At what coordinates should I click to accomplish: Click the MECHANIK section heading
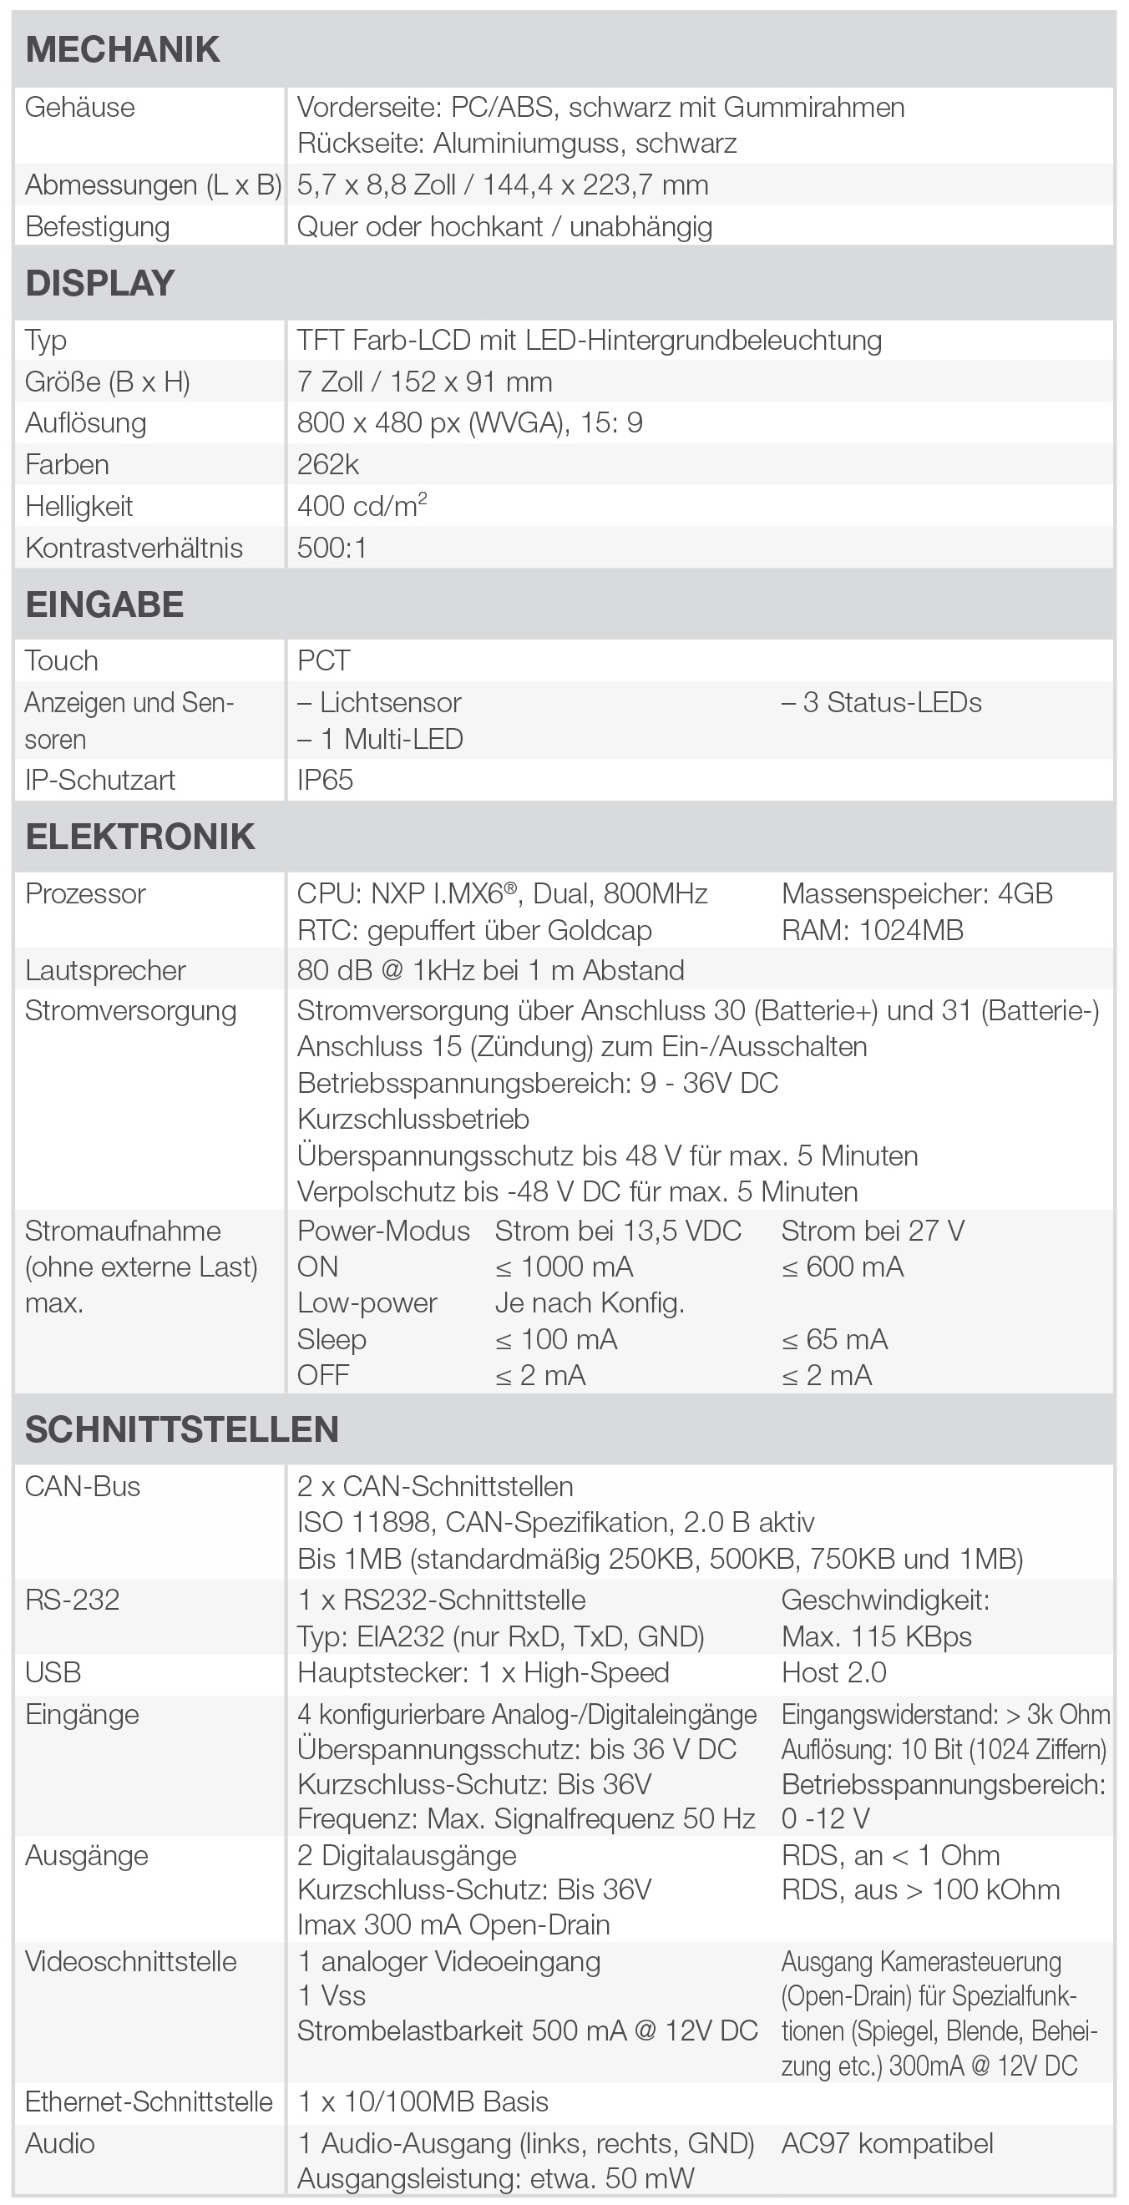click(x=123, y=49)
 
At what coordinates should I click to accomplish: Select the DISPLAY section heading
click(x=100, y=283)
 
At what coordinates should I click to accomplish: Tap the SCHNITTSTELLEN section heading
click(x=181, y=1429)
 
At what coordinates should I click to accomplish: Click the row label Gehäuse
click(x=79, y=108)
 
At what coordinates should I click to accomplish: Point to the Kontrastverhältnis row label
click(x=134, y=548)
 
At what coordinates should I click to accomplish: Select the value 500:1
click(x=332, y=548)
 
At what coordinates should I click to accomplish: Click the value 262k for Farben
click(x=328, y=465)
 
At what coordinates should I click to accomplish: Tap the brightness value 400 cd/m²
click(x=362, y=506)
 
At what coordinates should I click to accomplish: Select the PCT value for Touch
click(x=323, y=660)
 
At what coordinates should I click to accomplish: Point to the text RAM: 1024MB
click(x=872, y=930)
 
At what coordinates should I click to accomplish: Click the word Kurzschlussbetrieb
click(x=413, y=1120)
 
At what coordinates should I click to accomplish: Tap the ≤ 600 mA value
click(x=843, y=1267)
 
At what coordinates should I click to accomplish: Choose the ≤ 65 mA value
click(x=834, y=1339)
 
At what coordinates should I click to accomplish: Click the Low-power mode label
click(x=367, y=1302)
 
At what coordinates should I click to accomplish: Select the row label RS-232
click(x=72, y=1600)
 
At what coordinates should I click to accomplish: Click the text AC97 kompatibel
click(x=887, y=2143)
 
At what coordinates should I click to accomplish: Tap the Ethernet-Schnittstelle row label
click(x=148, y=2102)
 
